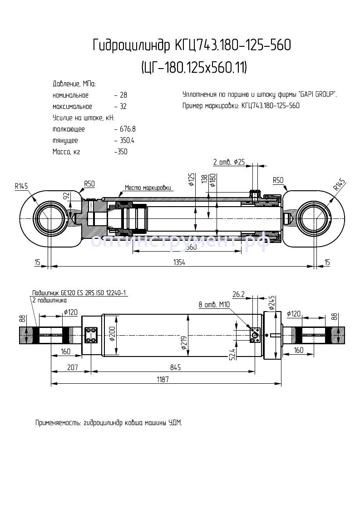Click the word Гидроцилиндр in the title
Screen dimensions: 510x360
tap(131, 46)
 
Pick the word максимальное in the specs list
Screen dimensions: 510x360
tap(72, 107)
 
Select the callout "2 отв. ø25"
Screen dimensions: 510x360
tap(229, 162)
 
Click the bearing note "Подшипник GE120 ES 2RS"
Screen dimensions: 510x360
tap(79, 293)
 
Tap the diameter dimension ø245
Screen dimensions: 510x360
tap(272, 302)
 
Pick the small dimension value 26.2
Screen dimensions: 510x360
tap(238, 294)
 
